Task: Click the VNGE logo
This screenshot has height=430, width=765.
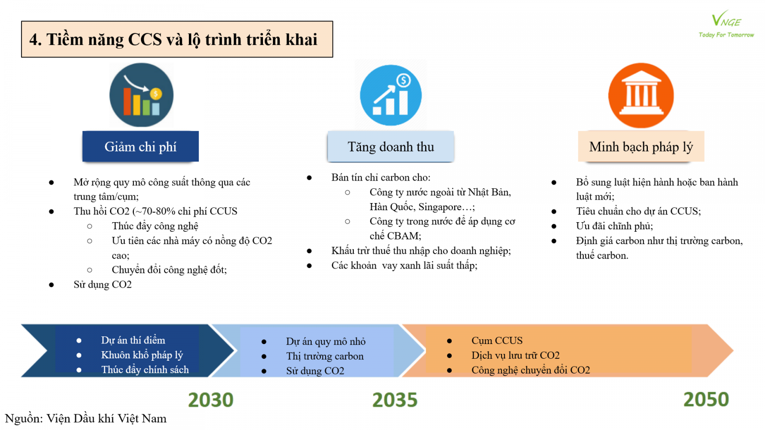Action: click(726, 24)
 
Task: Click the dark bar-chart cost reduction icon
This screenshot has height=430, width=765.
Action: click(142, 95)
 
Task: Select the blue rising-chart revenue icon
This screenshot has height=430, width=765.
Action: click(391, 95)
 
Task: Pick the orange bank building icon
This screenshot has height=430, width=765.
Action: click(641, 95)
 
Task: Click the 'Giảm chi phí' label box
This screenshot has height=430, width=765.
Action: click(141, 146)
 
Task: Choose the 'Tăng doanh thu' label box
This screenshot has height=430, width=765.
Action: click(391, 146)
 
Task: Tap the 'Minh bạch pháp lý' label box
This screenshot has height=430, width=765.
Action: click(641, 146)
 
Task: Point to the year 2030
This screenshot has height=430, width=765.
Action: click(211, 399)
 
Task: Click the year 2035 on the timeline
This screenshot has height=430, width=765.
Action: click(395, 399)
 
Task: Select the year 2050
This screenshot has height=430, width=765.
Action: click(706, 399)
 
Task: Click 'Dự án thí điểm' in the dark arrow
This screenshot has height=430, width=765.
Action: click(133, 340)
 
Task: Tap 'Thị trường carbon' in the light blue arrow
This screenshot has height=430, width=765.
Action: click(325, 356)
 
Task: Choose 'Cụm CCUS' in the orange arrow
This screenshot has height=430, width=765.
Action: click(497, 340)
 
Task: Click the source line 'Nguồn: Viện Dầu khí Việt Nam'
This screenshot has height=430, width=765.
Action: click(86, 419)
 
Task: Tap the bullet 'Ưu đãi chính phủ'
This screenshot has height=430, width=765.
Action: click(614, 226)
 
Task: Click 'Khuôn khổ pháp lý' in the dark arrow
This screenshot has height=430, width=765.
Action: click(142, 355)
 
